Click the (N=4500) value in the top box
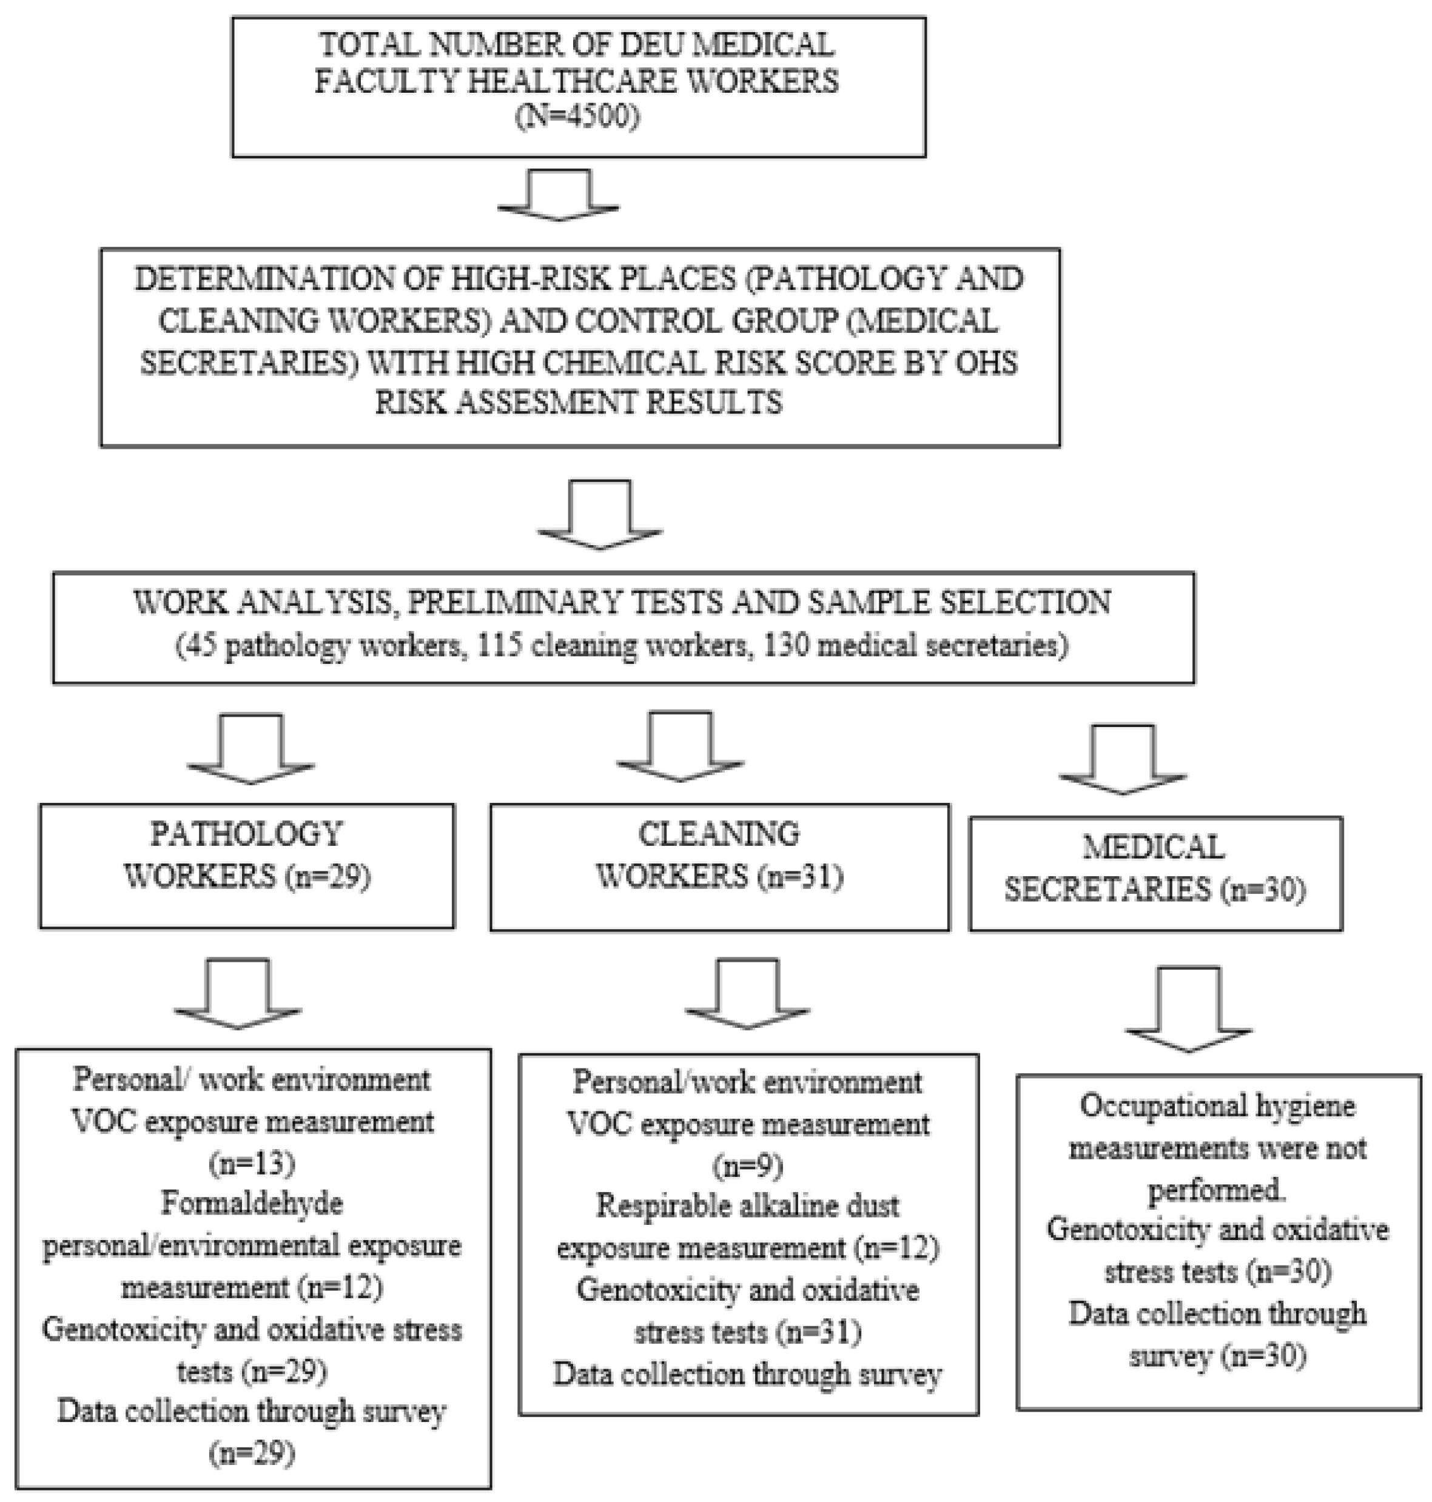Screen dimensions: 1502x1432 coord(578,118)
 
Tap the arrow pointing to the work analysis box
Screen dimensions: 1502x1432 coord(600,516)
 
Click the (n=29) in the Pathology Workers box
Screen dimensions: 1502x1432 coord(328,877)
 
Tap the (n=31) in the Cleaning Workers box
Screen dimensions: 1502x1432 coord(799,877)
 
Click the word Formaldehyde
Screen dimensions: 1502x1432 coord(253,1204)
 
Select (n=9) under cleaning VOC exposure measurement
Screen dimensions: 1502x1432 coord(748,1165)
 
